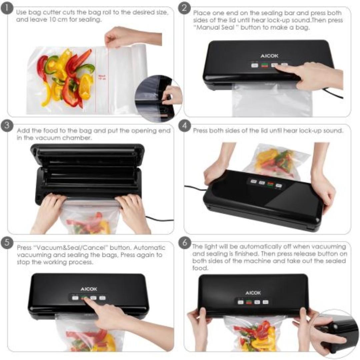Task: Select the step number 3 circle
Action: pos(7,126)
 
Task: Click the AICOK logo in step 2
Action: pos(269,56)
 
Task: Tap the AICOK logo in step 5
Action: pos(89,289)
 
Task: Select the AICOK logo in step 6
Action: pos(253,293)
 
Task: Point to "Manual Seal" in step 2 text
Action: pos(214,28)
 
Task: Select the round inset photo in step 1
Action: pos(159,98)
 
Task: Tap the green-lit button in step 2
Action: pos(265,65)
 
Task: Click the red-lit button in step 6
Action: pos(249,302)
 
